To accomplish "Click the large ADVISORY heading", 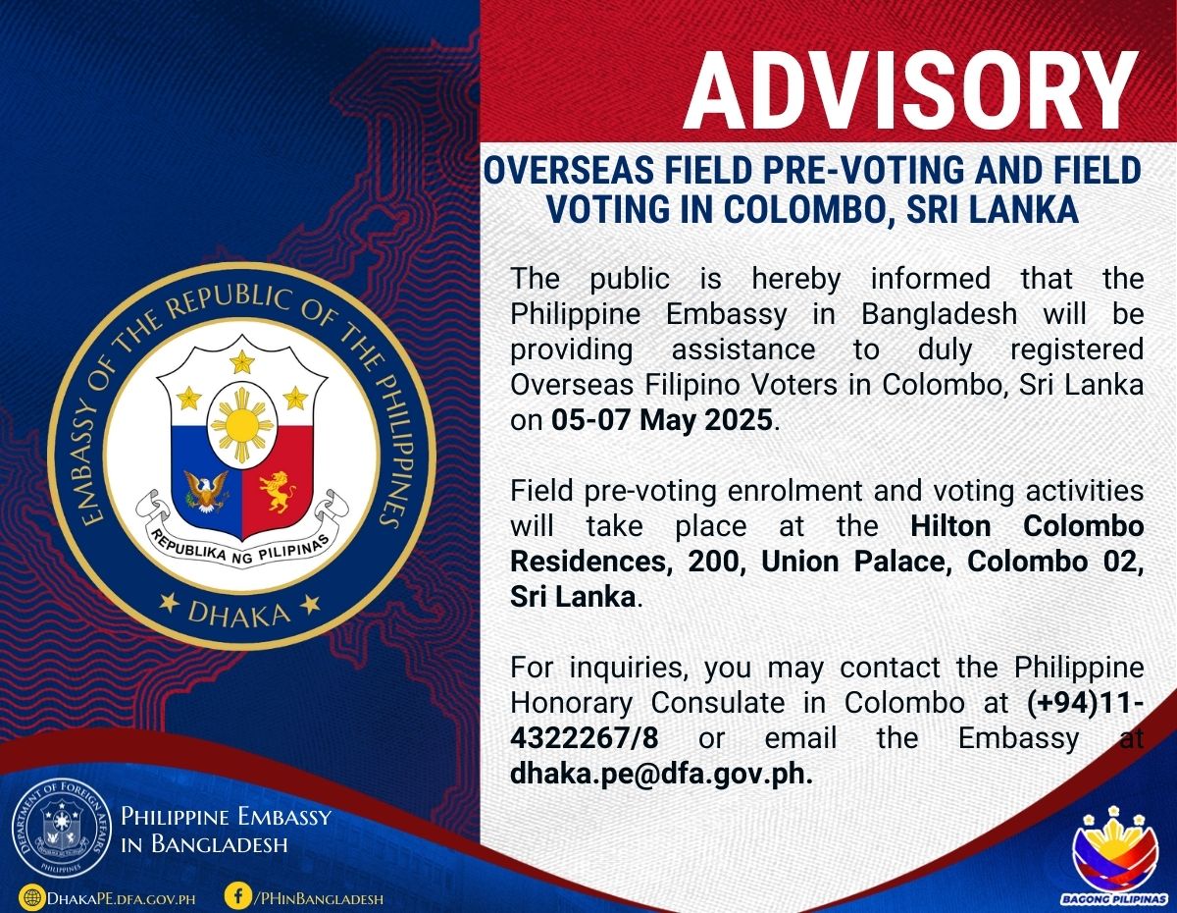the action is (911, 90).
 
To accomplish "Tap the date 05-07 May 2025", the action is (662, 420).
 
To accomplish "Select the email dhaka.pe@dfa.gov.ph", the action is (661, 776).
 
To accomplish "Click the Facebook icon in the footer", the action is (237, 895).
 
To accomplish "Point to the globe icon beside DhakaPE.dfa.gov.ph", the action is (32, 897).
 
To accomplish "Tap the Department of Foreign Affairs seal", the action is (61, 837).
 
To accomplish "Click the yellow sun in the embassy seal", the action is (241, 425).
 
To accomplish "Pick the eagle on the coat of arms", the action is (206, 491).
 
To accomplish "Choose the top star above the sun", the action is (241, 361).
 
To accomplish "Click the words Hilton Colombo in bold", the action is (1027, 526).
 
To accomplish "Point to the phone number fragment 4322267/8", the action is (584, 738).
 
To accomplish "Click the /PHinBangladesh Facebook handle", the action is (318, 898).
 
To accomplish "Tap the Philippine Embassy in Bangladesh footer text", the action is (226, 831).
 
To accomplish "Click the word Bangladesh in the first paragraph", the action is (939, 314).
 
